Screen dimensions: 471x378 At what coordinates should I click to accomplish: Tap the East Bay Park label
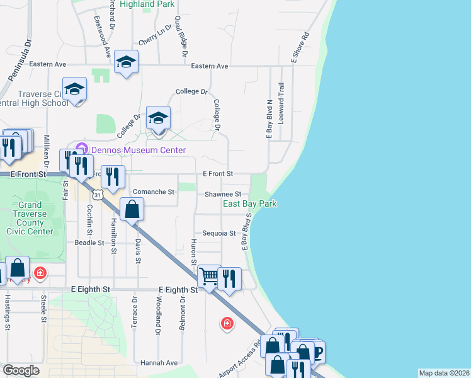249,204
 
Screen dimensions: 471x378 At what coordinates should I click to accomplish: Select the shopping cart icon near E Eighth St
208,275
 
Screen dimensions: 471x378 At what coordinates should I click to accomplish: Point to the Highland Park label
147,4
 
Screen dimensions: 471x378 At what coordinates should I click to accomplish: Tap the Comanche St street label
153,192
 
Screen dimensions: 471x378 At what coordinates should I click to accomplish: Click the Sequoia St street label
219,233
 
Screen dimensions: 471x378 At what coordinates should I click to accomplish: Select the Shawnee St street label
223,195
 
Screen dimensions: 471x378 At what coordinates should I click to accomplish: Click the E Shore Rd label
300,47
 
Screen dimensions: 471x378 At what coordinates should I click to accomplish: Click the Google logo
21,370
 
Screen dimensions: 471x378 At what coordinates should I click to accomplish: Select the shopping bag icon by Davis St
132,209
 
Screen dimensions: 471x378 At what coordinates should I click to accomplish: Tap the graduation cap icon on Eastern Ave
127,62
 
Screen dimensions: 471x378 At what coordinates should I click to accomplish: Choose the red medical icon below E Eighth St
227,324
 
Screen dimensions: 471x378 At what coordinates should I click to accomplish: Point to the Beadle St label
89,243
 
